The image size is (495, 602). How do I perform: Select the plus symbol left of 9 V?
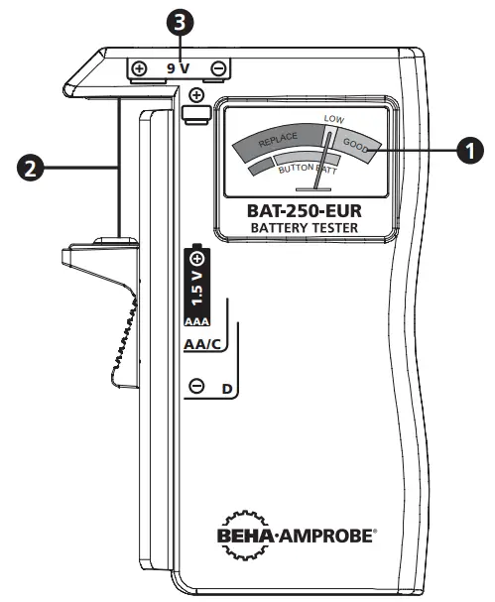click(140, 69)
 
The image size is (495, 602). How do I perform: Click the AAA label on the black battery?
click(197, 321)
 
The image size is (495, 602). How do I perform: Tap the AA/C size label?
click(201, 345)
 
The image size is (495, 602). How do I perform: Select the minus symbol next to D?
click(196, 387)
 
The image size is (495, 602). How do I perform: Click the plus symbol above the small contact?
click(196, 95)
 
